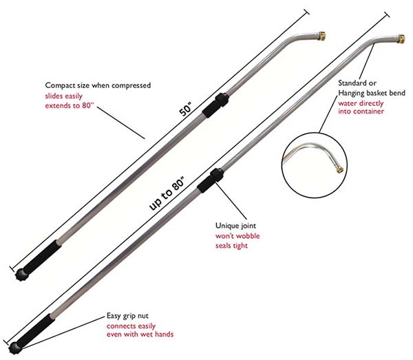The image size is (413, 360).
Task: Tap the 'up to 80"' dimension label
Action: pos(167,193)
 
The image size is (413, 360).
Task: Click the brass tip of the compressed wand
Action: pos(322,36)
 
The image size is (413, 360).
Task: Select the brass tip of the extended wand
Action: pos(401,39)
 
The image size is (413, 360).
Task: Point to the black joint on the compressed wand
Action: pos(215,105)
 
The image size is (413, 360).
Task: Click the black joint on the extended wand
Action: pos(211,180)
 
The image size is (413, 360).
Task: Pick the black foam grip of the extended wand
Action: pos(36,330)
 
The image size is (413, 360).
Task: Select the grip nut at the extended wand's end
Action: pos(14,348)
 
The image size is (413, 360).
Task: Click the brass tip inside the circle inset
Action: pos(340,169)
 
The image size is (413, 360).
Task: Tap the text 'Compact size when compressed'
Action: pos(98,85)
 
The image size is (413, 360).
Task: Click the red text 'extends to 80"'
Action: pos(70,105)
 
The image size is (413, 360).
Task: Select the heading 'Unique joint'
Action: pos(235,226)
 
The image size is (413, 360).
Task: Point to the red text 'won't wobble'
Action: pos(237,235)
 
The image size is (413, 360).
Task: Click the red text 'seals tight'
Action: pos(231,246)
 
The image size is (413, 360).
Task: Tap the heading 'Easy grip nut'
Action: pos(127,316)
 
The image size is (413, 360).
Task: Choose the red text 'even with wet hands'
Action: pos(140,335)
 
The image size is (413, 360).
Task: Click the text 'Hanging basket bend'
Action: pos(372,93)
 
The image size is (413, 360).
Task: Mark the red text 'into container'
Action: pos(361,112)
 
